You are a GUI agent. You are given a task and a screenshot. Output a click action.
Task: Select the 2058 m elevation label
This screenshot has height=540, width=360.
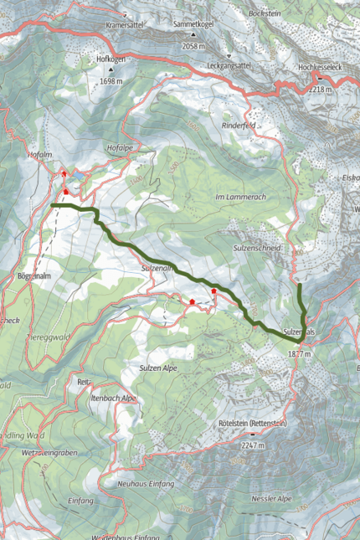[x=194, y=46]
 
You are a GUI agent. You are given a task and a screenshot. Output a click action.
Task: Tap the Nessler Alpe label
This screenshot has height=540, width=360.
[x=271, y=498]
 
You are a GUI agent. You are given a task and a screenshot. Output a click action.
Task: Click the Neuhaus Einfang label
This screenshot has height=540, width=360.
[x=146, y=485]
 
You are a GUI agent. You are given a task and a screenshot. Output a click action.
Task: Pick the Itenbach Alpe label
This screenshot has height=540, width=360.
[x=114, y=399]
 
